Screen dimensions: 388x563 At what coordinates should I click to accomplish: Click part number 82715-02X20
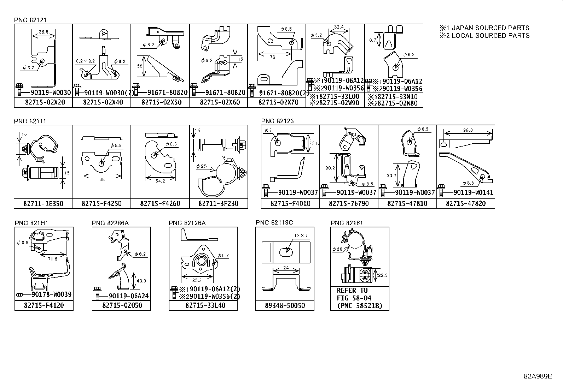(43, 102)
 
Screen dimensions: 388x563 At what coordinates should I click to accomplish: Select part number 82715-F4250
(101, 204)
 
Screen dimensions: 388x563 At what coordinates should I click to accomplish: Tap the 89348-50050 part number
(285, 305)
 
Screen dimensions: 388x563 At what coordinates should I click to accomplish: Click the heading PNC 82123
(278, 121)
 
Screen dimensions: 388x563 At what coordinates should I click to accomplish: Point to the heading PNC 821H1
(31, 223)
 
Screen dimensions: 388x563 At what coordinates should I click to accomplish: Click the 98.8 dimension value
(468, 130)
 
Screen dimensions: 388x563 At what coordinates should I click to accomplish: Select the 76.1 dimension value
(274, 57)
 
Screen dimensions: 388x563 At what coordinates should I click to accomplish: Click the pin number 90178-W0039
(51, 294)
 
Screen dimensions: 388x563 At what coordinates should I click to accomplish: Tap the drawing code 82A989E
(538, 376)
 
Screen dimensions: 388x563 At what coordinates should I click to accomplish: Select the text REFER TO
(352, 291)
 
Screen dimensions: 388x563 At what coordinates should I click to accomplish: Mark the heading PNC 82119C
(274, 222)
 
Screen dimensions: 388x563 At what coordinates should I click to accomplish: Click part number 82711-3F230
(219, 204)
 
